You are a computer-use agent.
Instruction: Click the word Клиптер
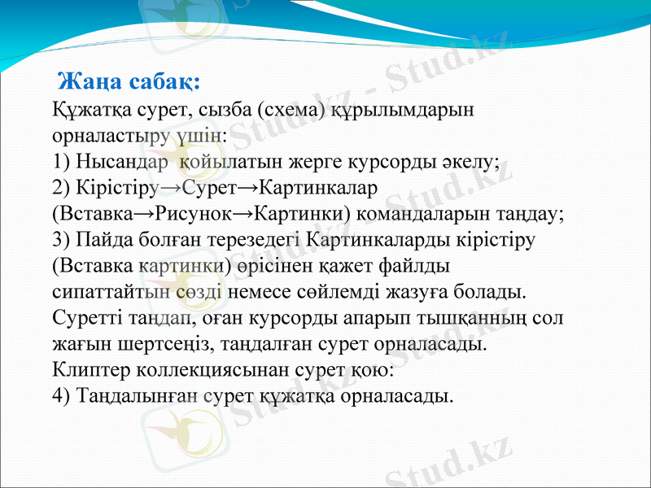[x=85, y=369]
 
